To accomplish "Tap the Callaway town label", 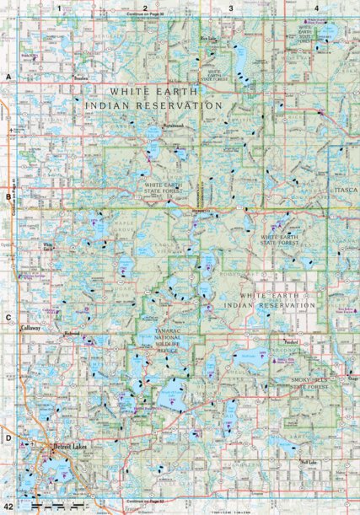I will [31, 330].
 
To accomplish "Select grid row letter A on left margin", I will [8, 78].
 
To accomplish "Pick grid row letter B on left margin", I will [8, 197].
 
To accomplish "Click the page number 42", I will [8, 505].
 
